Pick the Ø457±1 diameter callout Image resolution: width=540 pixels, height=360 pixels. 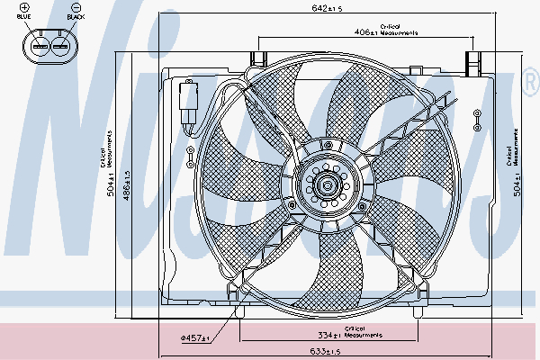[x=194, y=338]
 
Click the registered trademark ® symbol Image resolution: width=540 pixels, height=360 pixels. [x=531, y=85]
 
